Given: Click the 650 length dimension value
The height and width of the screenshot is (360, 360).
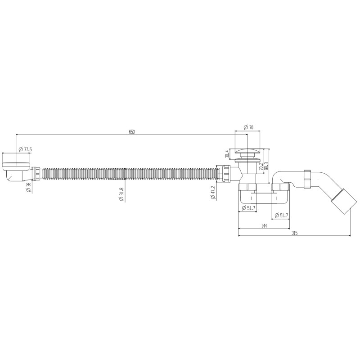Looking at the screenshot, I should (132, 131).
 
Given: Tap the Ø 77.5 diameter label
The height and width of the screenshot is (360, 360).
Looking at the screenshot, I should (25, 149).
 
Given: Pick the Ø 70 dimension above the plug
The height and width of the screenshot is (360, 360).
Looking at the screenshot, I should (248, 128).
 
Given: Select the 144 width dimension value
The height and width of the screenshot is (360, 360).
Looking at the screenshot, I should (264, 226).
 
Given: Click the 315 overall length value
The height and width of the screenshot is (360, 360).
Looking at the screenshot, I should (295, 233).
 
